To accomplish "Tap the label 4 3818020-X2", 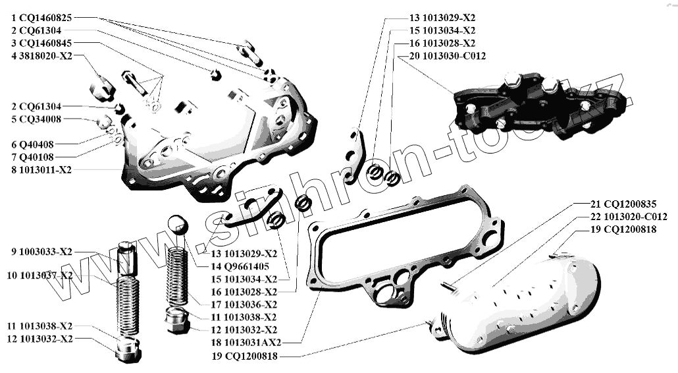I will click(41, 56).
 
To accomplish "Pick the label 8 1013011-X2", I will click(41, 169).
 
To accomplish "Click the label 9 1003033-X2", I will click(41, 251).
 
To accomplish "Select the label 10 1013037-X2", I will click(41, 275).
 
